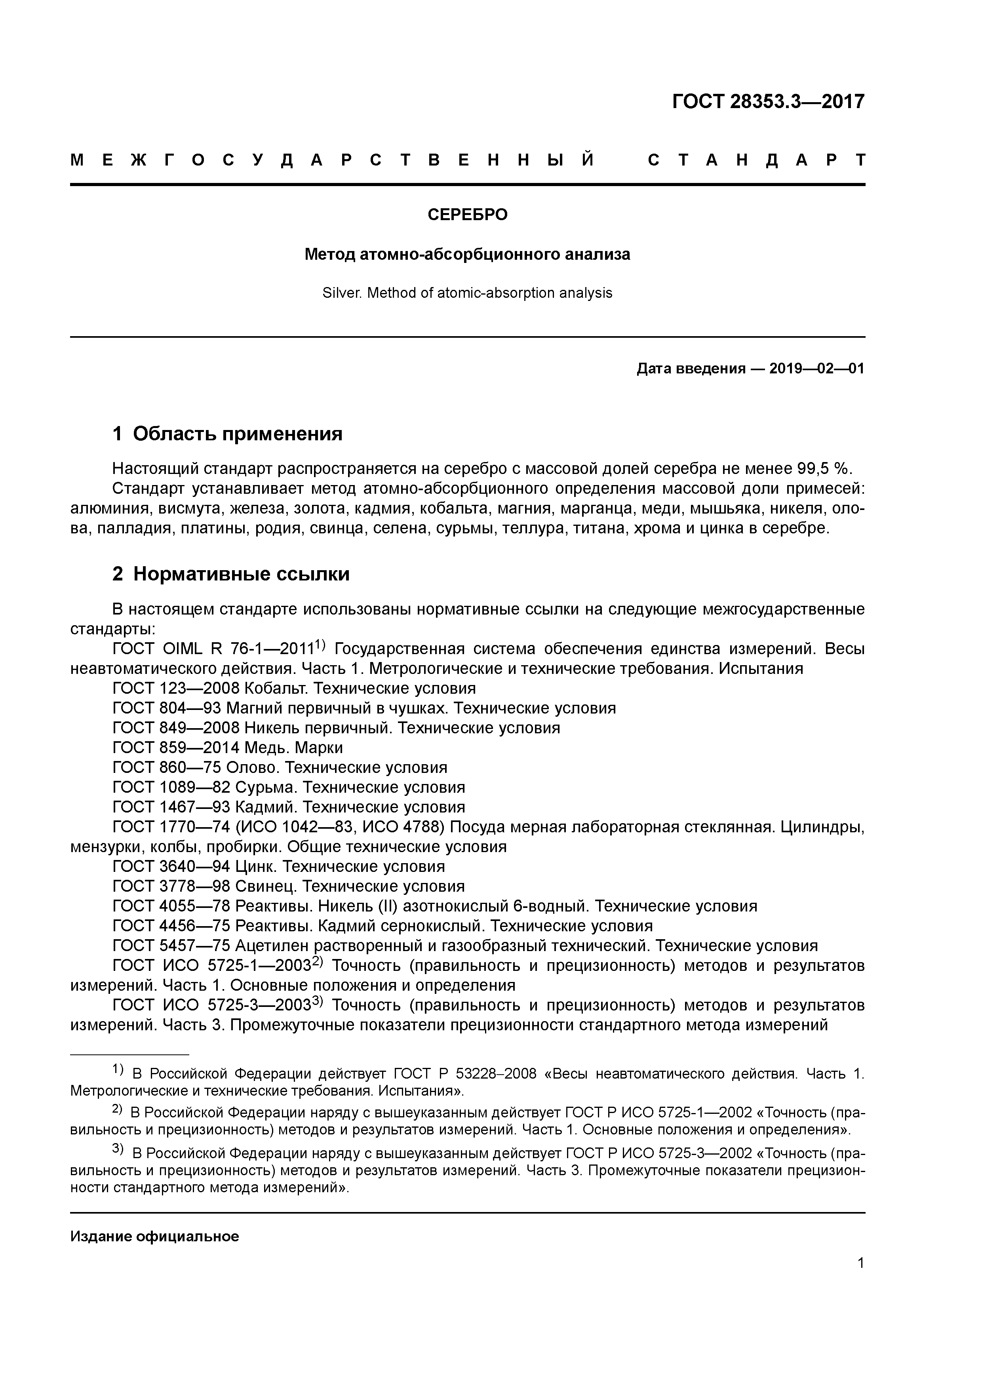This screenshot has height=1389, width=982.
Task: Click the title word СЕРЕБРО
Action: point(467,215)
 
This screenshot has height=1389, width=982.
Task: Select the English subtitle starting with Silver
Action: point(467,293)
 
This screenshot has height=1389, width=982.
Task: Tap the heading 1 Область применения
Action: point(228,433)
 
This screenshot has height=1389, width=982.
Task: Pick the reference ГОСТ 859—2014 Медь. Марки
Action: point(228,747)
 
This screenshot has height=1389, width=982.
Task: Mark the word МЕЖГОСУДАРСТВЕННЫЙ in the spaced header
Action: point(332,160)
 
